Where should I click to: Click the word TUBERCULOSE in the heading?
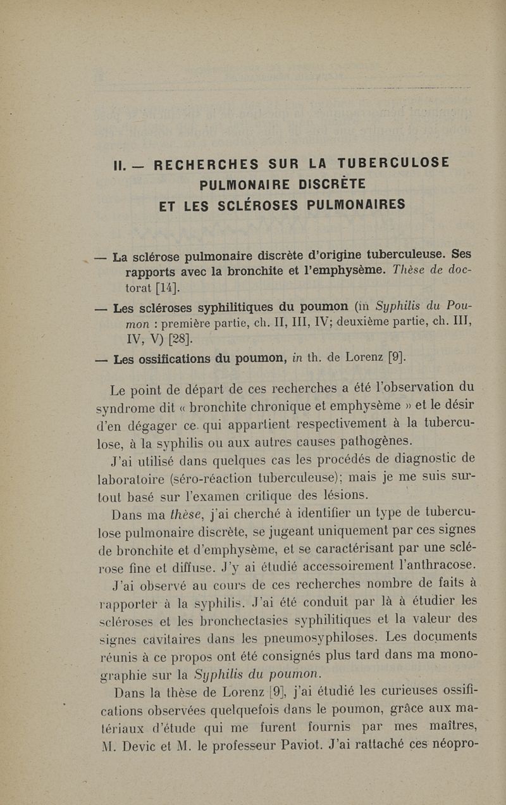pyautogui.click(x=394, y=163)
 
